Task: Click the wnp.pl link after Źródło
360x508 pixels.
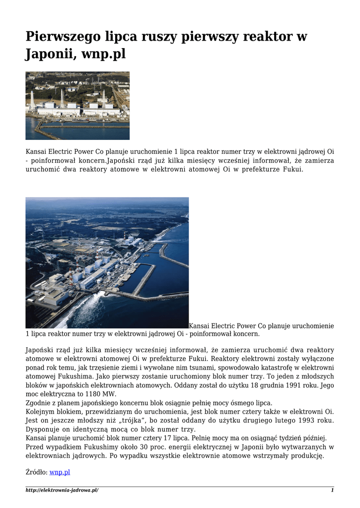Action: click(x=60, y=472)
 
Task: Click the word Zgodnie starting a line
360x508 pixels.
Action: click(x=38, y=403)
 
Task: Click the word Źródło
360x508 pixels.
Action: click(x=36, y=472)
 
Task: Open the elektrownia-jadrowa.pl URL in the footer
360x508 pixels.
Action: click(x=62, y=490)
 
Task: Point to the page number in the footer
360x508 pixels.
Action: click(x=332, y=490)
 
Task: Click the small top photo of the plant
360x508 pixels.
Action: click(x=77, y=106)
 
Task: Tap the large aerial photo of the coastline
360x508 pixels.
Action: click(x=107, y=262)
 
